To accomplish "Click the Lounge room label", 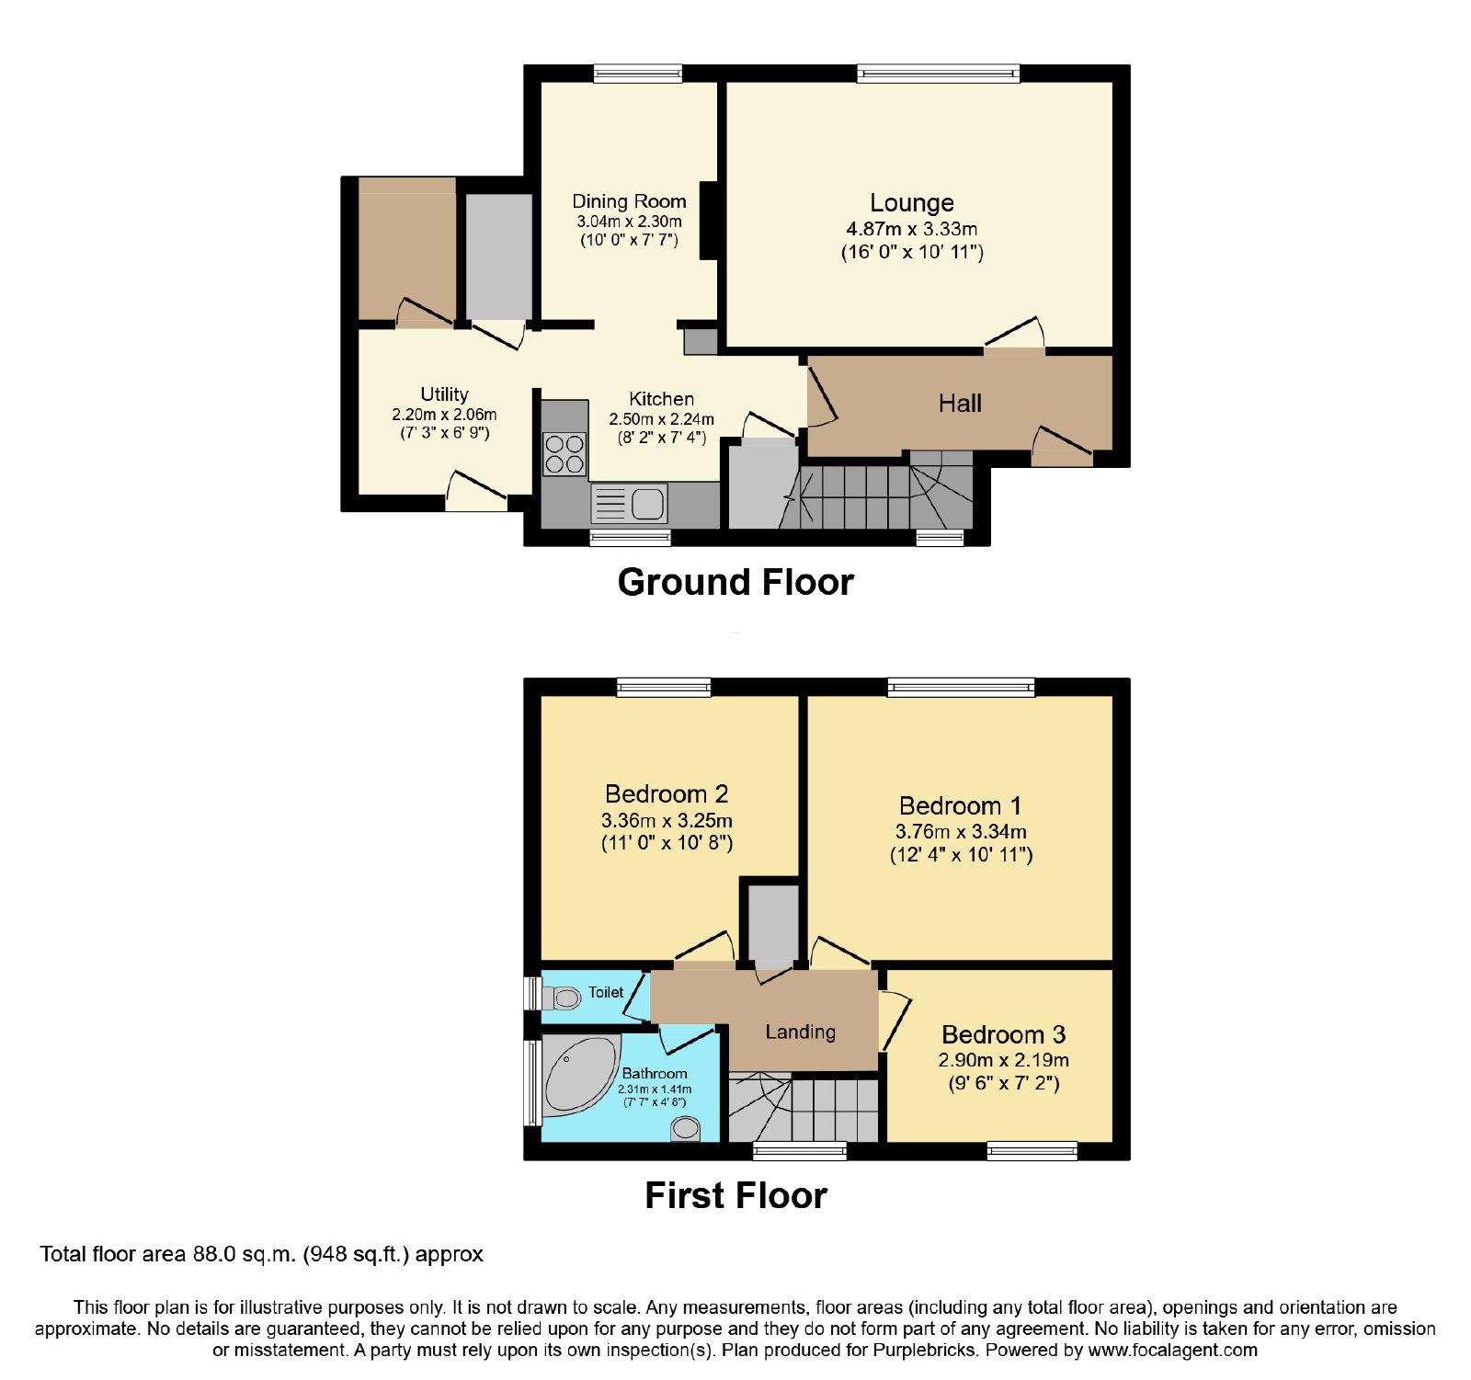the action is (x=912, y=202).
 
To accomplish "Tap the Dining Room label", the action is (x=629, y=201).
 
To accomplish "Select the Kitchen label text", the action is (x=661, y=399).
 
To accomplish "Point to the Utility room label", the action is (x=444, y=394).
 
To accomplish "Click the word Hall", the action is (x=960, y=403).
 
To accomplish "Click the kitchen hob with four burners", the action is (x=564, y=454).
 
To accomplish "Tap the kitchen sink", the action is (x=630, y=504).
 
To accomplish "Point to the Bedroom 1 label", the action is (x=960, y=806).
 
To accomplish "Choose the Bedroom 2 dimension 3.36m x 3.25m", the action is (x=667, y=820).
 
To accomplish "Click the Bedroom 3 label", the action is (x=1003, y=1035).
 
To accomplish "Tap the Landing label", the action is (x=800, y=1032).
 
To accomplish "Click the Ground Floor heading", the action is (x=735, y=582).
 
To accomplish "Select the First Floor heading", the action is (x=735, y=1195).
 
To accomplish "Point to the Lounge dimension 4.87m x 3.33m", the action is (x=911, y=229).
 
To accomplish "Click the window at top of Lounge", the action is (x=938, y=74).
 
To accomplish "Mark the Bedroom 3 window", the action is (x=1032, y=1150).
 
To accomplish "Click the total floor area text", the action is (x=261, y=1254).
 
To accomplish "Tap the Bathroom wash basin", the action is (x=686, y=1128).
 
